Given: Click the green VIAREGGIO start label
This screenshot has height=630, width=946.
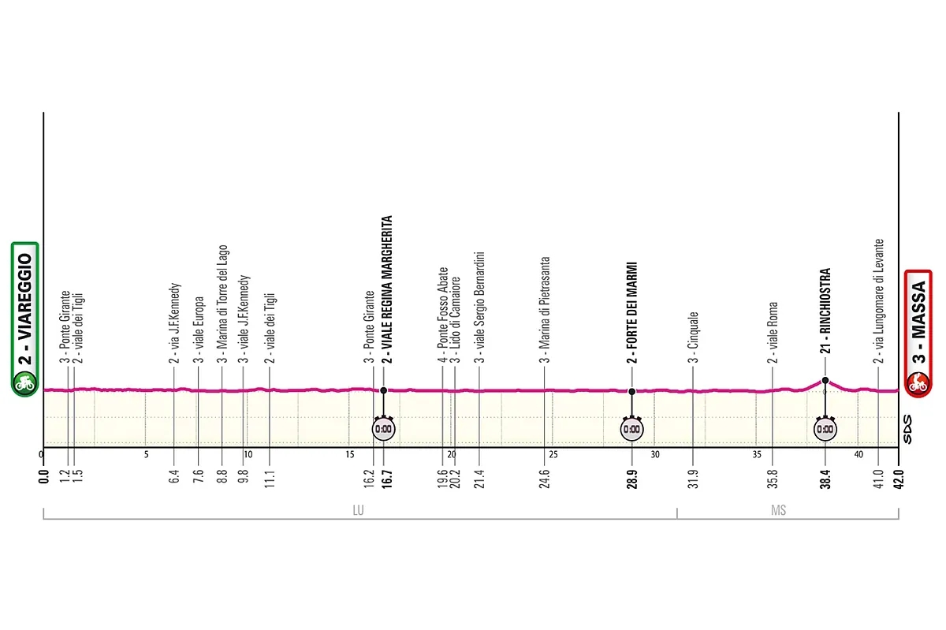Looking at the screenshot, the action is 25,319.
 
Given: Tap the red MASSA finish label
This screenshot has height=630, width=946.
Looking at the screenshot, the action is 918,334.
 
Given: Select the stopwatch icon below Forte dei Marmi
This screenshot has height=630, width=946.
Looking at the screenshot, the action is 631,429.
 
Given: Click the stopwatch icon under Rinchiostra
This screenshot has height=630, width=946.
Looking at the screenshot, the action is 825,429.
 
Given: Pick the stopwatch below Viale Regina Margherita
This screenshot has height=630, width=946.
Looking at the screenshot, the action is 383,429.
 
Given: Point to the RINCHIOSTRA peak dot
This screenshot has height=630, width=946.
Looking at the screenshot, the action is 825,380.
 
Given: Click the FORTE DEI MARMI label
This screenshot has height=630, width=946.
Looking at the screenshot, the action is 631,313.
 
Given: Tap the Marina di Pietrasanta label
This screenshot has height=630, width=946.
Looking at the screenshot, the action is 545,310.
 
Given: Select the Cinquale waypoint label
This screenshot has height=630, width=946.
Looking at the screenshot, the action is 693,337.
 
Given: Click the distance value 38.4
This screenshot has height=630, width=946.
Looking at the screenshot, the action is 825,479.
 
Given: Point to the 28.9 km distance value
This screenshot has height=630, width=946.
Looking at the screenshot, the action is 631,479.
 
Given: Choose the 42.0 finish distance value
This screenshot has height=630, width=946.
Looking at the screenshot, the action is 899,479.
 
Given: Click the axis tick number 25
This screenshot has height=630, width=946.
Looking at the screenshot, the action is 553,455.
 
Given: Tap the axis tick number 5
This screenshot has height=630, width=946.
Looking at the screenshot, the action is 146,455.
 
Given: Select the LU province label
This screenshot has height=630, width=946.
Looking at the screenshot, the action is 358,510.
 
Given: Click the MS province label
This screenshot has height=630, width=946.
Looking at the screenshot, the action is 778,510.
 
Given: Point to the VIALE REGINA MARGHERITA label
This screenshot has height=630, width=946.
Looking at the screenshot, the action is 387,289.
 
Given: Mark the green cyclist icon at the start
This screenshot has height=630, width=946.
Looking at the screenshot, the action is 25,382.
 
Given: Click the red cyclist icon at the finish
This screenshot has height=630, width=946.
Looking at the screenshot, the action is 918,383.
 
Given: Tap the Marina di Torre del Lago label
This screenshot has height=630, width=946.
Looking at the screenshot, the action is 222,304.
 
